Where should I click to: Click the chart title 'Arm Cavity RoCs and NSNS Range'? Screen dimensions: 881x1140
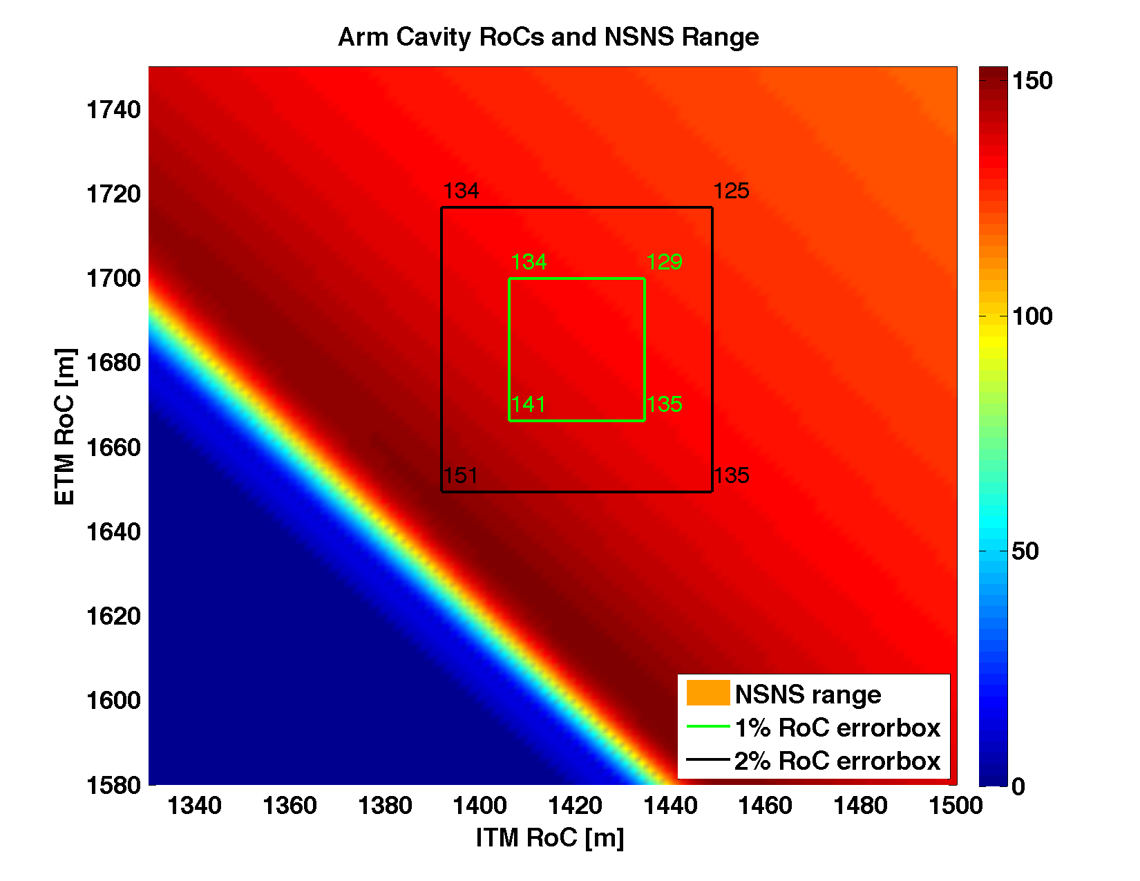coord(548,37)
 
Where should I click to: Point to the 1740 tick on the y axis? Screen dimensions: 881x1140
coord(113,110)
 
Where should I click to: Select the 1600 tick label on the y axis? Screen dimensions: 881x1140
coord(113,701)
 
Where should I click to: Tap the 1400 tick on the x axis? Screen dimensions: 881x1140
coord(480,805)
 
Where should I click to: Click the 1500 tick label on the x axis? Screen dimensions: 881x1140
coord(956,805)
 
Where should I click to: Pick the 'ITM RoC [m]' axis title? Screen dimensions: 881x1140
coord(550,837)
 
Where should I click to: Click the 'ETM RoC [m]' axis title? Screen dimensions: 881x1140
coord(65,427)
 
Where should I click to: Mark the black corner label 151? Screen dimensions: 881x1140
coord(461,475)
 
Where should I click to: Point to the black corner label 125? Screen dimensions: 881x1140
coord(731,191)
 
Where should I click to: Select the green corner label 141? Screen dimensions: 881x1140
coord(529,404)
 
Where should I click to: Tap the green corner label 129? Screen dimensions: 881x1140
coord(665,262)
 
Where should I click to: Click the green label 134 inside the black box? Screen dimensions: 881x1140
coord(529,262)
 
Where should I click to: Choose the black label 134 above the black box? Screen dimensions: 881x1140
coord(461,191)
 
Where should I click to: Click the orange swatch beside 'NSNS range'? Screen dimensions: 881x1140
coord(707,693)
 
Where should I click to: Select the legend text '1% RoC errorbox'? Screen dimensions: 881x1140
coord(837,728)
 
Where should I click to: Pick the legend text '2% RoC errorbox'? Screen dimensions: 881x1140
coord(837,761)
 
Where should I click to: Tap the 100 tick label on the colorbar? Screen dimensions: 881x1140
coord(1032,316)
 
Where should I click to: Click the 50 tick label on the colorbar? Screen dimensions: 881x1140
coord(1025,551)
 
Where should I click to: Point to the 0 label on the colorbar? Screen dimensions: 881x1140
coord(1018,786)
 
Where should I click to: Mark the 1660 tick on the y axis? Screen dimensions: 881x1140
coord(113,448)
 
